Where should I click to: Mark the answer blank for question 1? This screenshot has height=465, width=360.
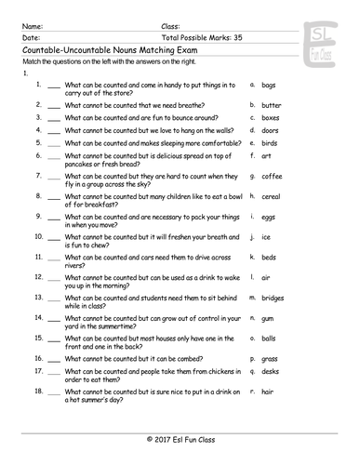coord(53,86)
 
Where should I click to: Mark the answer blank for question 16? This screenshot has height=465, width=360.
coord(53,357)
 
